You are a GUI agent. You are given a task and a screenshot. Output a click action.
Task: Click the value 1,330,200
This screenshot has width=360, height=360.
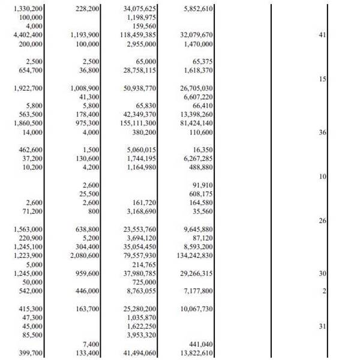pyautogui.click(x=28, y=8)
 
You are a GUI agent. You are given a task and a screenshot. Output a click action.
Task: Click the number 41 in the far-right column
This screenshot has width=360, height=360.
pyautogui.click(x=322, y=35)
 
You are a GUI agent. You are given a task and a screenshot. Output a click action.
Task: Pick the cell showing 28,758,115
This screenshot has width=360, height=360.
pyautogui.click(x=140, y=70)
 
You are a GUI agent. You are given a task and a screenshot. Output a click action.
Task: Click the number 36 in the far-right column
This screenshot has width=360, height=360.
pyautogui.click(x=322, y=132)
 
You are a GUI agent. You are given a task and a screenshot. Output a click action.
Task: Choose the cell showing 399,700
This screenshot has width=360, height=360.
pyautogui.click(x=30, y=353)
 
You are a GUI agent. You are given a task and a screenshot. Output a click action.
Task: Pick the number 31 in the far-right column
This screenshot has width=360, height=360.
pyautogui.click(x=322, y=326)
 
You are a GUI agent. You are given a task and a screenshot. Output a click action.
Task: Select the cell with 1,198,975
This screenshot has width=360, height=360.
pyautogui.click(x=142, y=17)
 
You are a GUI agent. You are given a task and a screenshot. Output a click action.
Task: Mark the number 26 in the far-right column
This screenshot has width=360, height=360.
pyautogui.click(x=322, y=220)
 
